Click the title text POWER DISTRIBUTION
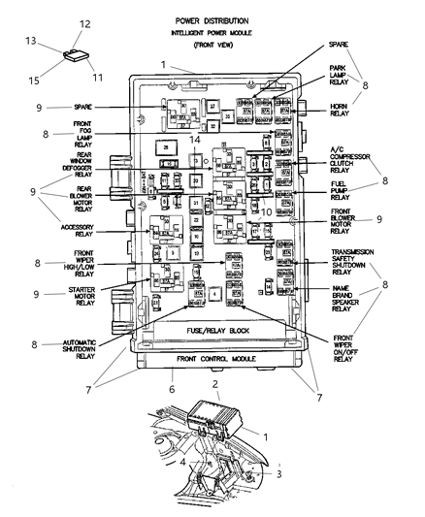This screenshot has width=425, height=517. tap(211, 19)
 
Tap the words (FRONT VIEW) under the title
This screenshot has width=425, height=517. tap(211, 45)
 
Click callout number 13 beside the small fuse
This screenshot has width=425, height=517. tap(32, 42)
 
